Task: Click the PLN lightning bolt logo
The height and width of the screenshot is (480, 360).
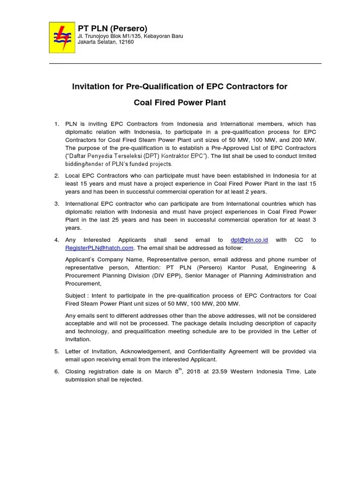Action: [62, 37]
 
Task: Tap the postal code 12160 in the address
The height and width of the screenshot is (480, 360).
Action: [125, 42]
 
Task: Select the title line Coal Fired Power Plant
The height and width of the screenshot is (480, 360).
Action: [180, 102]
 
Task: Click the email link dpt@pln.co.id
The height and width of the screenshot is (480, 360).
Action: [249, 240]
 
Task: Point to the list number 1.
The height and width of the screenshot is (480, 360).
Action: [56, 124]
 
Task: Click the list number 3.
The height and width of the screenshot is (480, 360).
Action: [56, 204]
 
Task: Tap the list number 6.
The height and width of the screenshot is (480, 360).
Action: [56, 372]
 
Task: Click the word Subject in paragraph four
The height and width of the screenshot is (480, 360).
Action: [75, 296]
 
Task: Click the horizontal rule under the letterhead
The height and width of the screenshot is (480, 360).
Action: [185, 63]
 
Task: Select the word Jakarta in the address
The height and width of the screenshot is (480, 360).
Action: [87, 42]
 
